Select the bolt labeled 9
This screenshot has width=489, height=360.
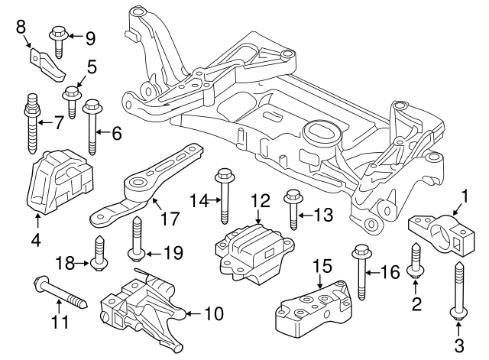tap(59, 39)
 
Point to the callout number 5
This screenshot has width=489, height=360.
tap(91, 67)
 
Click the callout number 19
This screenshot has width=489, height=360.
tap(174, 252)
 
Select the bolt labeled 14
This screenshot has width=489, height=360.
tap(225, 195)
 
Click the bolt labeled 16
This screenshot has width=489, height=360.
tap(360, 271)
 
